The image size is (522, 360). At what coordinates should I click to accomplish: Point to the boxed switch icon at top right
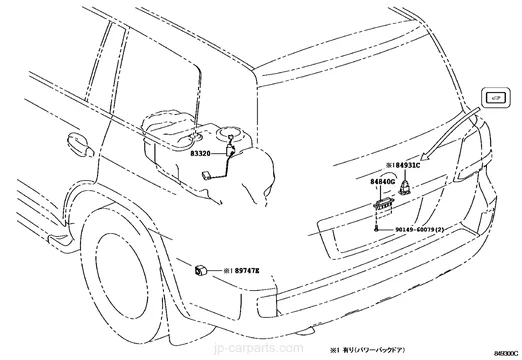point(495,96)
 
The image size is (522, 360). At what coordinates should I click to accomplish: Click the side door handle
point(75,139)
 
